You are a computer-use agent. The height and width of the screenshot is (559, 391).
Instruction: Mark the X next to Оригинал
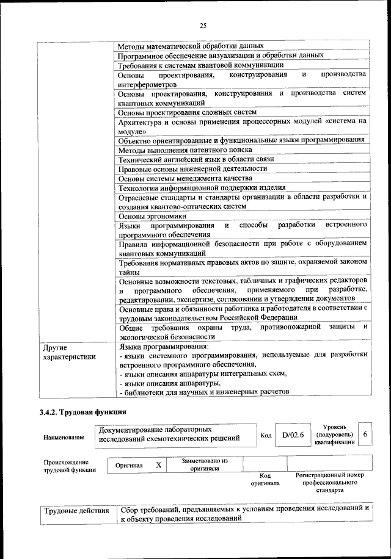pyautogui.click(x=158, y=465)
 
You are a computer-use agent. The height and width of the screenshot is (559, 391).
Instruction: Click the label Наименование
pyautogui.click(x=64, y=438)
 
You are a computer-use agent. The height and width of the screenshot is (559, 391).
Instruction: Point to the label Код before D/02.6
pyautogui.click(x=266, y=435)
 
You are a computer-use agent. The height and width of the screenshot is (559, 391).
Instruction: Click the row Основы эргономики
pyautogui.click(x=152, y=216)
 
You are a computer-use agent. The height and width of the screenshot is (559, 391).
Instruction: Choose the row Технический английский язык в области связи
pyautogui.click(x=193, y=159)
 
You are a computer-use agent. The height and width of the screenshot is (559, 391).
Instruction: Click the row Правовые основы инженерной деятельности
pyautogui.click(x=192, y=169)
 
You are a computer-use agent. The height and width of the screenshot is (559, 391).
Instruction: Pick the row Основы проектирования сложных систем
pyautogui.click(x=187, y=112)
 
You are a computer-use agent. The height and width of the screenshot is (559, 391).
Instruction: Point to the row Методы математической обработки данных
pyautogui.click(x=191, y=46)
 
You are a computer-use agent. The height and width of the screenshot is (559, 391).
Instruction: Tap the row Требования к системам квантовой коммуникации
pyautogui.click(x=200, y=65)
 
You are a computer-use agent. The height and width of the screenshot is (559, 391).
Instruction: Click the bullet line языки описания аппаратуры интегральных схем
pyautogui.click(x=202, y=373)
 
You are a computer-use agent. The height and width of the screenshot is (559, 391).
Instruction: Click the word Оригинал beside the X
pyautogui.click(x=129, y=466)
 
